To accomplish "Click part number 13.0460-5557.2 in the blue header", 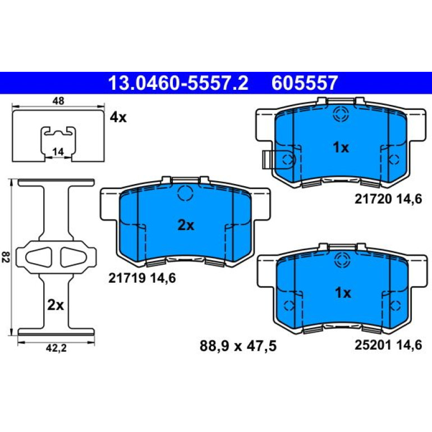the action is coord(178,83).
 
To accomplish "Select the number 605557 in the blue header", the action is coord(305,83).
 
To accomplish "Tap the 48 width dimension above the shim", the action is coord(58,101).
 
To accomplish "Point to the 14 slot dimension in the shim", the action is coord(58,152).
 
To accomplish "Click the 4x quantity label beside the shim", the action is coord(118,118).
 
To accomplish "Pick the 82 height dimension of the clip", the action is coord(6,257).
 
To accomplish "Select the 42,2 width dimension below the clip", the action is coord(56,348).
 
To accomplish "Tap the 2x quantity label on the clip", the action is coord(56,305).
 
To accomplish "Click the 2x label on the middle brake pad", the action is coord(186,226).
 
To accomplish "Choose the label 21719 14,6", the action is coord(142,278).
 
